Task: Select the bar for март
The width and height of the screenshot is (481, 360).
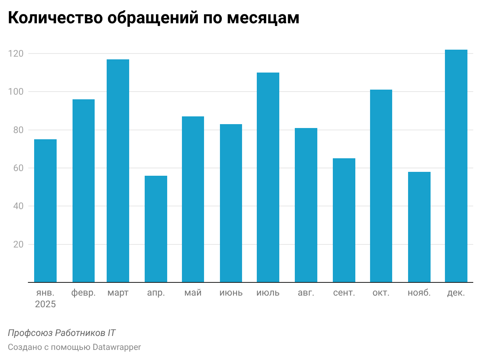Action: click(x=118, y=171)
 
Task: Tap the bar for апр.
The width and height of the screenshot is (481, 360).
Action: click(x=156, y=229)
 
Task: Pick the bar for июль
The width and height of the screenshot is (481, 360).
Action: click(x=268, y=177)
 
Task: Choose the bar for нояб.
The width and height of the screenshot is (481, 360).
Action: click(x=419, y=227)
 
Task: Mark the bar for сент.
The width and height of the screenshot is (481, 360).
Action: click(x=344, y=220)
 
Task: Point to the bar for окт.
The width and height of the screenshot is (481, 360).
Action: click(x=381, y=186)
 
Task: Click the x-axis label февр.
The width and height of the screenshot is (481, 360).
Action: click(x=83, y=293)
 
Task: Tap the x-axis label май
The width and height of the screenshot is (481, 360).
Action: click(x=193, y=293)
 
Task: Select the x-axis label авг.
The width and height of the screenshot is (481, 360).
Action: click(x=306, y=293)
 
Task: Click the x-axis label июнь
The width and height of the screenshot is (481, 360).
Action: click(x=231, y=293)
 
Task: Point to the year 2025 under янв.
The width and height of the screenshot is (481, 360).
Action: click(x=45, y=305)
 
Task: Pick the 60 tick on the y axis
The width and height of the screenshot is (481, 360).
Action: click(x=18, y=168)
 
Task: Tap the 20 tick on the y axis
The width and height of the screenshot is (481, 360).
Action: click(x=18, y=244)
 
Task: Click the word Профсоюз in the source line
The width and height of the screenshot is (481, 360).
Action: click(x=30, y=333)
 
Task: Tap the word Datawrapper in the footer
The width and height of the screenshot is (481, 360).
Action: click(x=116, y=347)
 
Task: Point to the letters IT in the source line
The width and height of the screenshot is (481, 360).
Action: click(x=111, y=333)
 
